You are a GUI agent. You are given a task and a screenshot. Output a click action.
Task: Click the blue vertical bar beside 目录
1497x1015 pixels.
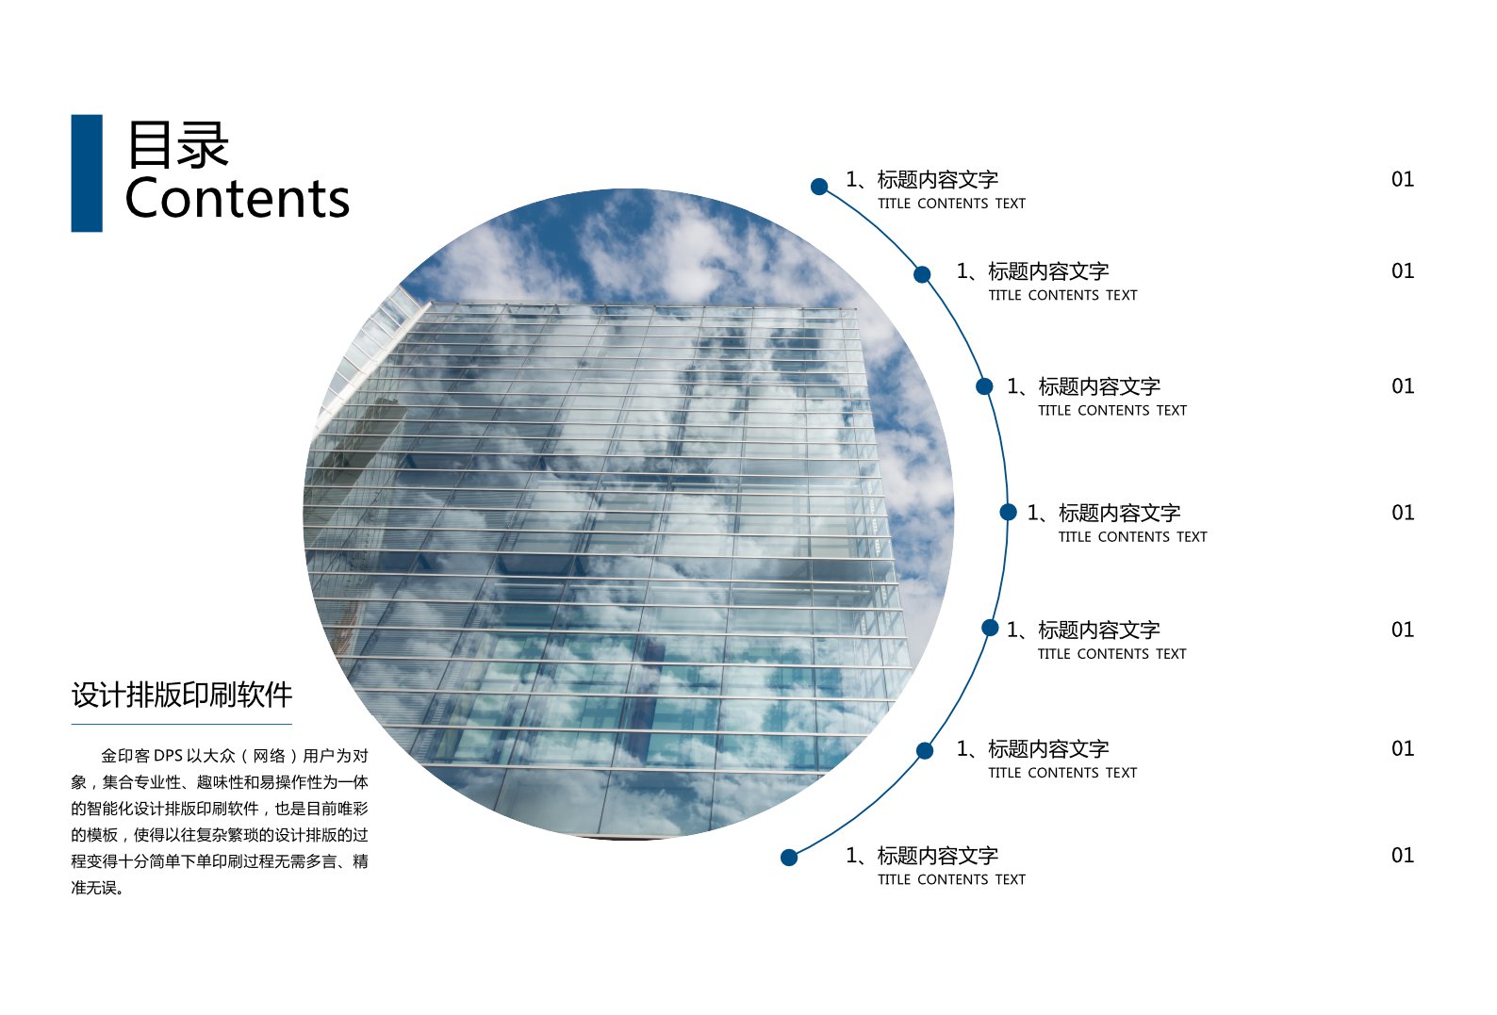coord(87,173)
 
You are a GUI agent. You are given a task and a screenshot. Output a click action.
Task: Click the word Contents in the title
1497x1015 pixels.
coord(238,199)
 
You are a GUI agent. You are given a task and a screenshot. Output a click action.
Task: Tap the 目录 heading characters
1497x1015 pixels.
coord(178,144)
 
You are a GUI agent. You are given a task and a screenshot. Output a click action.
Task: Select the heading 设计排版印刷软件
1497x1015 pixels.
coord(182,695)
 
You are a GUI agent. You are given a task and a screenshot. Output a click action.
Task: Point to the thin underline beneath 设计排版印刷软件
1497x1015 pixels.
coord(182,725)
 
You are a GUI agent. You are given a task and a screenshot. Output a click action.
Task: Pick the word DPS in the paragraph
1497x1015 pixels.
coord(168,756)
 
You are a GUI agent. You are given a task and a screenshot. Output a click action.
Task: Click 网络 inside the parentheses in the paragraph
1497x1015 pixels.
coord(270,756)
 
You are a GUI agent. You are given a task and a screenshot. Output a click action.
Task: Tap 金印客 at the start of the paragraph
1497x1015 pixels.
coord(125,756)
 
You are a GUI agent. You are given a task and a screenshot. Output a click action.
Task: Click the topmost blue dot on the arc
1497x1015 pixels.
coord(819,187)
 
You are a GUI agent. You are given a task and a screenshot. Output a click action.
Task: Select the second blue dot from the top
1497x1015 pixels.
coord(922,274)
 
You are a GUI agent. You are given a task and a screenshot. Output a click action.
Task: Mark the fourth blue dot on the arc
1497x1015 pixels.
coord(1009,513)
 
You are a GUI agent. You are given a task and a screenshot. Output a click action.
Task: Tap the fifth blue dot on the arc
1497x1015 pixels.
coord(991,628)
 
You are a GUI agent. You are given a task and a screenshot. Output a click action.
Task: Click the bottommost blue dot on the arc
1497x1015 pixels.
coord(789,858)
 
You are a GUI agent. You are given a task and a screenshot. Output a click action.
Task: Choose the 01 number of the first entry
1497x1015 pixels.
coord(1403,180)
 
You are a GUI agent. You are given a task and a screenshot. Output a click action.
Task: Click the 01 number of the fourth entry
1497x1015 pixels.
coord(1403,514)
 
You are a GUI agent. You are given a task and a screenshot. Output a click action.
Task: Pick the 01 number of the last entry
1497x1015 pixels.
coord(1403,856)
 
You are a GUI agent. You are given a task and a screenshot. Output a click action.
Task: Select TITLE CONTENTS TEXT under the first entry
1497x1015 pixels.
coord(952,204)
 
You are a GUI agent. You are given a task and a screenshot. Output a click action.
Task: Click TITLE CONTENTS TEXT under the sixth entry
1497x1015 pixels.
coord(1062,773)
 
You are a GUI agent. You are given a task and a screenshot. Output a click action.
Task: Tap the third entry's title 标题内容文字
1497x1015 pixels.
coord(1099,387)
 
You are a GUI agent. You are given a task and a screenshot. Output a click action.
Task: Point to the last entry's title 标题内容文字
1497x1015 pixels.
coord(938,856)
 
